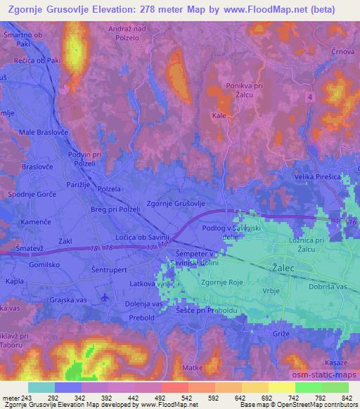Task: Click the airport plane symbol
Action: [105, 297]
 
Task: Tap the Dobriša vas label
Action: [329, 288]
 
